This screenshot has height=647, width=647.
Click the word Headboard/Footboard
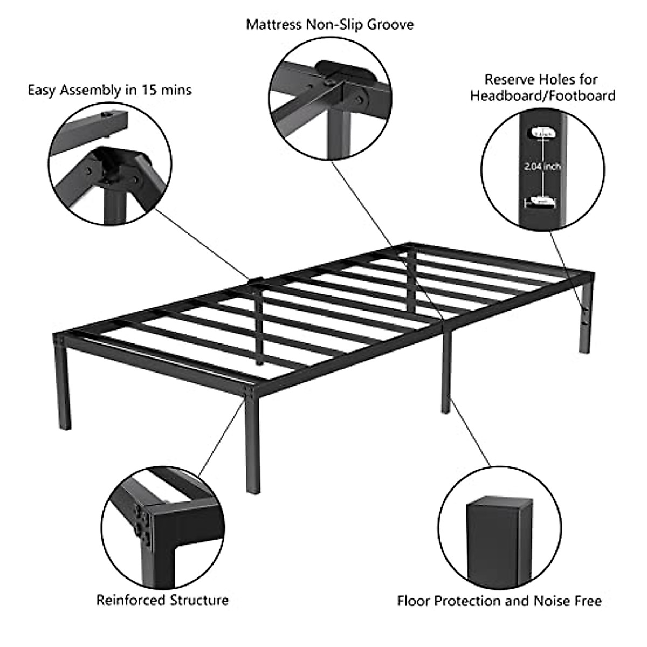542,96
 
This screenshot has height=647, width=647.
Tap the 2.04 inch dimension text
542,167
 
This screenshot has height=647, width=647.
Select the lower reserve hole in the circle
542,201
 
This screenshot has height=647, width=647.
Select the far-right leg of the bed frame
586,318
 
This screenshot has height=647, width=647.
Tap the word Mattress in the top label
273,25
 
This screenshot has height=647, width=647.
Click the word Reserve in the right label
508,80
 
